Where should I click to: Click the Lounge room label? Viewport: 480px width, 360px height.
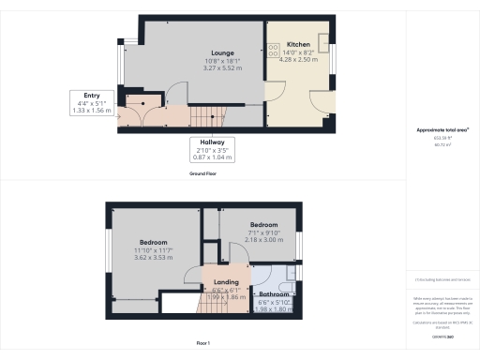(x=222, y=52)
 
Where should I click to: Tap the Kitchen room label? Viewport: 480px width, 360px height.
(x=298, y=44)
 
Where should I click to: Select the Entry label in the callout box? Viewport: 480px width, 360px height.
(x=91, y=96)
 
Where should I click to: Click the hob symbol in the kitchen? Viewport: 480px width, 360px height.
(x=273, y=48)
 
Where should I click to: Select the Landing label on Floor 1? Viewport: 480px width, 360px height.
(x=226, y=282)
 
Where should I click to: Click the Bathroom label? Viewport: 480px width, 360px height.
(x=274, y=294)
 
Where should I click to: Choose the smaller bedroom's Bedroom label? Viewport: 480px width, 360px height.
(x=262, y=225)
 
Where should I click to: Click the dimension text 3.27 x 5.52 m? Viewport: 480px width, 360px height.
(x=222, y=68)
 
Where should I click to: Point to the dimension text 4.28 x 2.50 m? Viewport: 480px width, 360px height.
(x=298, y=60)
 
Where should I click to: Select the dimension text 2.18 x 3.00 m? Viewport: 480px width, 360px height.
(x=262, y=240)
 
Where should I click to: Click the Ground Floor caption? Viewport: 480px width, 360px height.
(x=204, y=174)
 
